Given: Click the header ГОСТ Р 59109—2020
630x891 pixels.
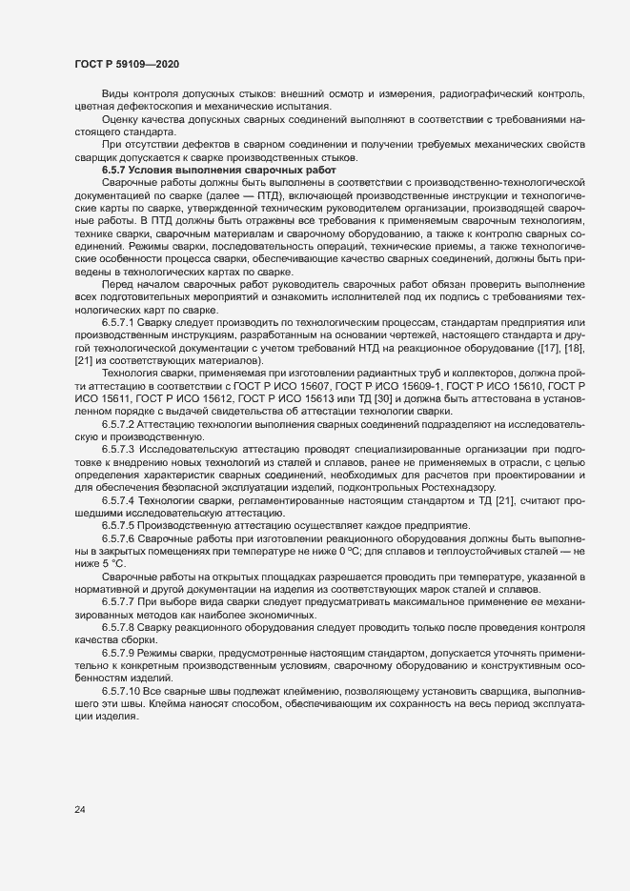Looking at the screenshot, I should pos(126,65).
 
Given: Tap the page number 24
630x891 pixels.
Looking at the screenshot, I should pos(80,810).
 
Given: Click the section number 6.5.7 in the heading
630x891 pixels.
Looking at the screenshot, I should pos(117,170).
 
